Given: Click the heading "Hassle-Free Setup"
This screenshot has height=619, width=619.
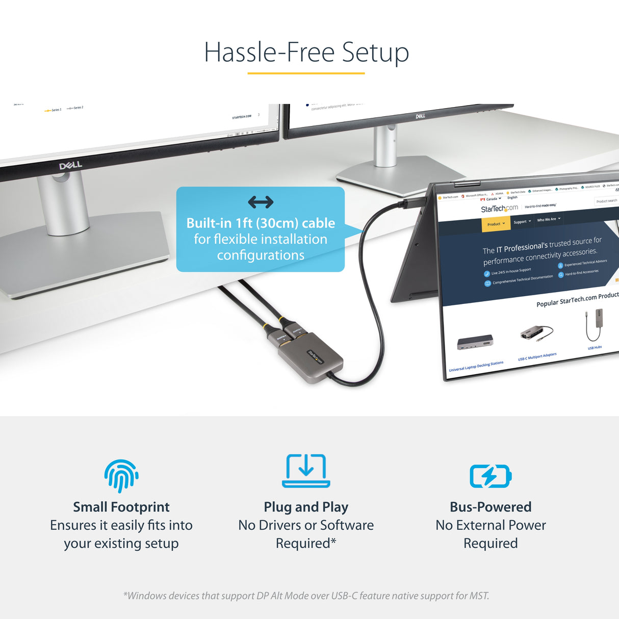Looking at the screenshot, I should [x=306, y=53].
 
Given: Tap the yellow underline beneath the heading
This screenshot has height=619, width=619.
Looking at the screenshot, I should [x=306, y=73].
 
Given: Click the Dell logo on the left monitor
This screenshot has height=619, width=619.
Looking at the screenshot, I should [x=70, y=166].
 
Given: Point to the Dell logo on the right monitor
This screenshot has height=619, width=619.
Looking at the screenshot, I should [x=420, y=116].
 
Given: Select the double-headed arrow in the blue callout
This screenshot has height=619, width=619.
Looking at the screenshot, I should [x=261, y=202].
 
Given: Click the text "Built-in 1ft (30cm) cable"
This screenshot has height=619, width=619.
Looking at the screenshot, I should [x=261, y=223].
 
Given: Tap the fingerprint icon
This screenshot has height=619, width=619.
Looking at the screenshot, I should [x=121, y=475].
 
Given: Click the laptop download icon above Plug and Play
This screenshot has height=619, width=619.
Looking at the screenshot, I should [x=306, y=470].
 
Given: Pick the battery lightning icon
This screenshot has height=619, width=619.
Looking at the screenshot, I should [x=491, y=476].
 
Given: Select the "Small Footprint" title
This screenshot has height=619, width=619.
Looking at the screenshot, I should [x=121, y=507].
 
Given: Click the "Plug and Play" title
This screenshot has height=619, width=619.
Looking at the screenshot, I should [x=306, y=507].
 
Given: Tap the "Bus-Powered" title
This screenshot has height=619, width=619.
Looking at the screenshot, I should [x=491, y=507].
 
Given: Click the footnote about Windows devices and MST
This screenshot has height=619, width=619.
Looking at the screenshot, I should [x=306, y=596].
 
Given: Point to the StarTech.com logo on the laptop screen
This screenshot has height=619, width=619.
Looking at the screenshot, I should [x=499, y=209].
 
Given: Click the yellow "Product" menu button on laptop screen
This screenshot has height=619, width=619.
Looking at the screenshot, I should [x=496, y=224].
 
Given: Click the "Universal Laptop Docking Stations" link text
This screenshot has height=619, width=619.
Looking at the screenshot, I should [x=476, y=366].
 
